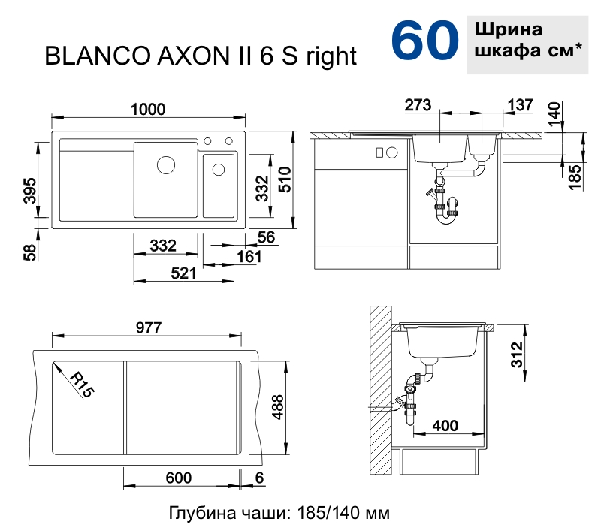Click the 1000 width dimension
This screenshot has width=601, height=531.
148,110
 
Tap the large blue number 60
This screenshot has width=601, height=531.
424,41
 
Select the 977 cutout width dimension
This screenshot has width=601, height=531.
149,327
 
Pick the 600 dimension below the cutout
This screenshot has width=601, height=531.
179,478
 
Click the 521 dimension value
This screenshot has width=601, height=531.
183,273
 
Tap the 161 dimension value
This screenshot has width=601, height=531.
249,257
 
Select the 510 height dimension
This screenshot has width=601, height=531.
285,180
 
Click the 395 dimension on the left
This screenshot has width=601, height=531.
29,191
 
